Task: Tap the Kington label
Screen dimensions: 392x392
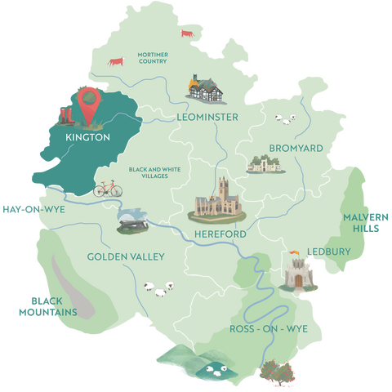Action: (88, 138)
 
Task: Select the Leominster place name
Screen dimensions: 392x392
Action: (207, 118)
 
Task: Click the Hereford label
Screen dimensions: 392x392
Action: (221, 234)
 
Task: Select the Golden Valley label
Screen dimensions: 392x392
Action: (126, 256)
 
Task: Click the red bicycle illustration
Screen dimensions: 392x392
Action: (108, 189)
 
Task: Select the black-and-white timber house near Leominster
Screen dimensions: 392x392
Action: (204, 89)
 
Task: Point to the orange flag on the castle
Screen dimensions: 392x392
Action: (292, 252)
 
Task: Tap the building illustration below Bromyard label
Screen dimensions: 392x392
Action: (265, 165)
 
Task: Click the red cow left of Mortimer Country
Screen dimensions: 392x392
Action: (116, 61)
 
